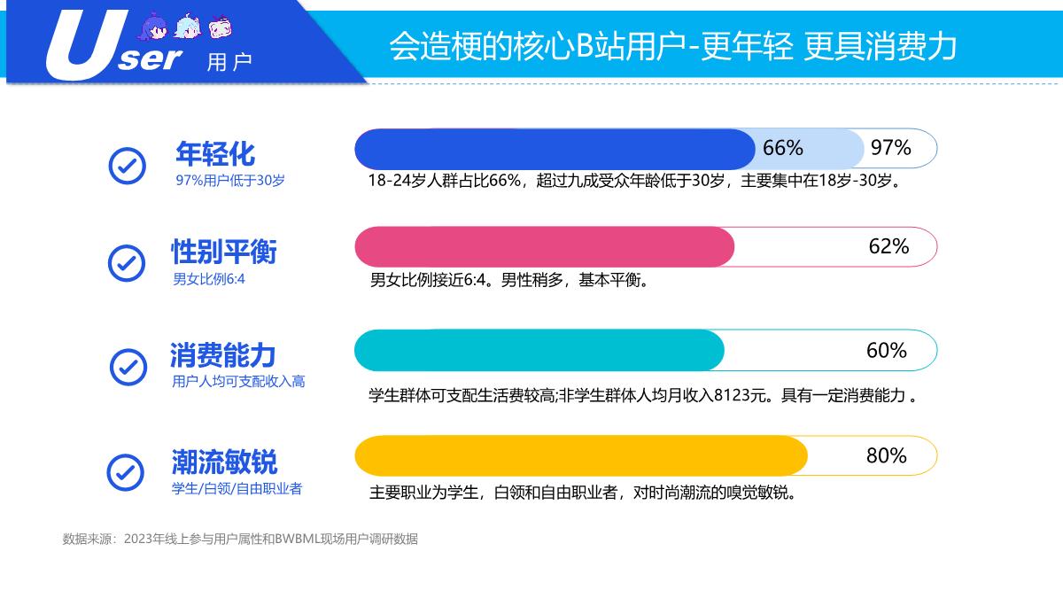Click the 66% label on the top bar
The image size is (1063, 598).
tap(782, 148)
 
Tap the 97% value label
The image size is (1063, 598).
tap(890, 148)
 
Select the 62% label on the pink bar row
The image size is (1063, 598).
tap(888, 246)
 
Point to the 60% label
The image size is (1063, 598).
tap(886, 351)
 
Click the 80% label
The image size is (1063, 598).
tap(886, 456)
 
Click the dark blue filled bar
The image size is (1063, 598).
tap(554, 149)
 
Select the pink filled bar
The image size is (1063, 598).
tap(544, 247)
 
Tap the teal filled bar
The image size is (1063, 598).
tap(539, 351)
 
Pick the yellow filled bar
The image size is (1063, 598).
tap(580, 456)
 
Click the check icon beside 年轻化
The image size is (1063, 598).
tap(127, 165)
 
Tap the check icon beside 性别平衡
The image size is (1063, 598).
tap(127, 262)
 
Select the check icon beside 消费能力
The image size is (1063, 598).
tap(128, 366)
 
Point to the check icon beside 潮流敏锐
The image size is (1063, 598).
tap(126, 472)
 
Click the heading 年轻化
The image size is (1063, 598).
tap(215, 154)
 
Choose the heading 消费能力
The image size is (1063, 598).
tap(222, 356)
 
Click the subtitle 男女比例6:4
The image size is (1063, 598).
tap(208, 279)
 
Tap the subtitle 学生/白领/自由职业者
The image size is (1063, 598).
tap(237, 488)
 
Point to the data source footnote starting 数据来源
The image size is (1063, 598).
tap(239, 539)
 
